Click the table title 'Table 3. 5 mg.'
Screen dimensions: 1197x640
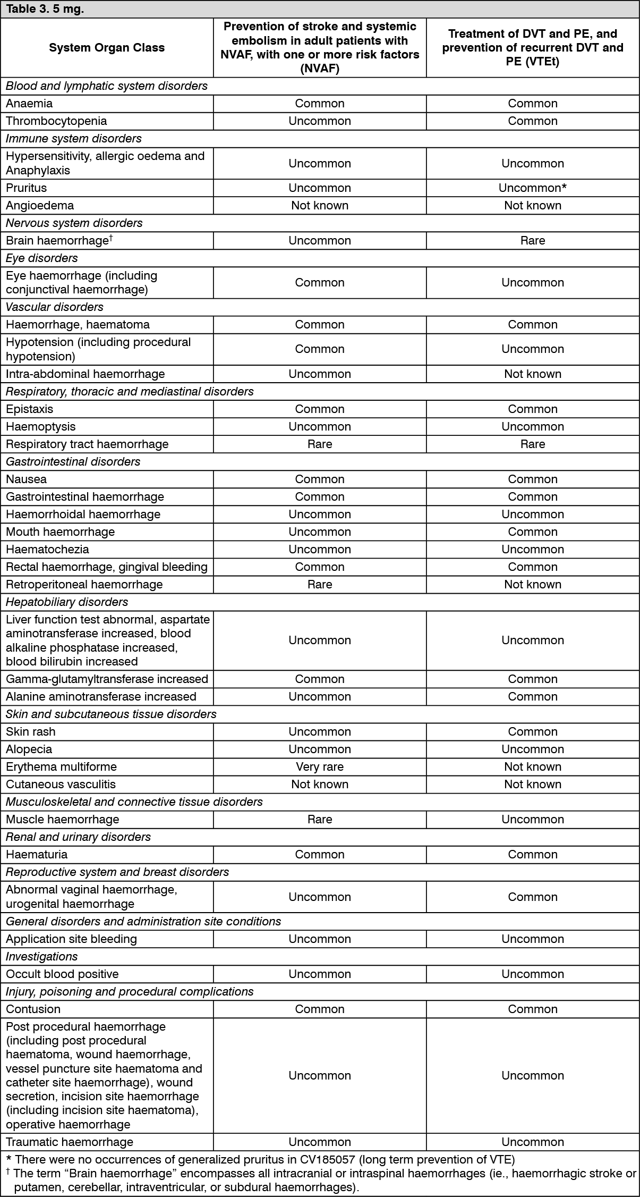pyautogui.click(x=45, y=10)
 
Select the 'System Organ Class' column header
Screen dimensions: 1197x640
pyautogui.click(x=107, y=48)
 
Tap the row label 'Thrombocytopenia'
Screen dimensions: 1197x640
pyautogui.click(x=56, y=121)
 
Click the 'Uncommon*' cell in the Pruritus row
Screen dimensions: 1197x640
pyautogui.click(x=532, y=188)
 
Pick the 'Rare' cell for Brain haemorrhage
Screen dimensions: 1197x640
pyautogui.click(x=532, y=240)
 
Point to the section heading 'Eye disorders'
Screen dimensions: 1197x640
pyautogui.click(x=42, y=258)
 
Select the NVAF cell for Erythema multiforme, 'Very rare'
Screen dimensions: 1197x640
pyautogui.click(x=319, y=766)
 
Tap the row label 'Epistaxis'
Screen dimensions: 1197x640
pyautogui.click(x=30, y=409)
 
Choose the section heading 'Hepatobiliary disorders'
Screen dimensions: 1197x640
pyautogui.click(x=67, y=602)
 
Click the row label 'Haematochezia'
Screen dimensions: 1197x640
pyautogui.click(x=47, y=549)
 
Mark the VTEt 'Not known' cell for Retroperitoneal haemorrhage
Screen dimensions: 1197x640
pyautogui.click(x=532, y=584)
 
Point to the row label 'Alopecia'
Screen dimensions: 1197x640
pyautogui.click(x=29, y=749)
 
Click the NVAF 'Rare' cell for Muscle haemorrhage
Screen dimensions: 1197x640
pyautogui.click(x=319, y=819)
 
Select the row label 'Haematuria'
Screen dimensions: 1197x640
pyautogui.click(x=37, y=854)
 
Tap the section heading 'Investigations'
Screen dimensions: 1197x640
pyautogui.click(x=42, y=956)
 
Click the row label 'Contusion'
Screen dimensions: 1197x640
pyautogui.click(x=33, y=1009)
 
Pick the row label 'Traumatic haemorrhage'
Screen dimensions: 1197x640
pyautogui.click(x=70, y=1142)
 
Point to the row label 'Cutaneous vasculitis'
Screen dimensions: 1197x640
pyautogui.click(x=61, y=784)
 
